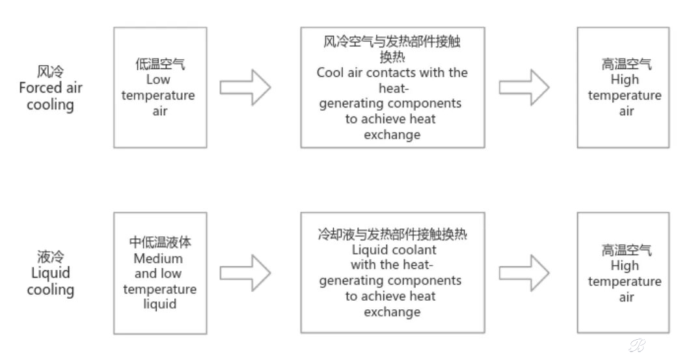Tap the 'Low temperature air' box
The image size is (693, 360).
click(160, 88)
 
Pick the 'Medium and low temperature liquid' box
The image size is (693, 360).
click(160, 273)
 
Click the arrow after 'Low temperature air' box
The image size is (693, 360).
click(245, 87)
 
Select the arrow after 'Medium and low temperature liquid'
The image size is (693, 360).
click(245, 273)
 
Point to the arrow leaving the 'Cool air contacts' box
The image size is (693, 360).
click(524, 87)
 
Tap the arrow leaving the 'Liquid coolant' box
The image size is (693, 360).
click(524, 273)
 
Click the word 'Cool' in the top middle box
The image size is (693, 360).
click(329, 72)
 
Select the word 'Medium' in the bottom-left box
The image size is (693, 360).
click(157, 258)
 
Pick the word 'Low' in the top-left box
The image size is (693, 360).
click(157, 79)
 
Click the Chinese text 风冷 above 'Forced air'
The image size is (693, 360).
click(50, 72)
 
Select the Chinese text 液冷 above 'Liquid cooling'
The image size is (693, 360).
click(50, 256)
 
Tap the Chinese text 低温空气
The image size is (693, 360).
click(160, 64)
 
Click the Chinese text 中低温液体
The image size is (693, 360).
click(160, 242)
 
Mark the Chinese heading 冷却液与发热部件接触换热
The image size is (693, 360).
click(392, 234)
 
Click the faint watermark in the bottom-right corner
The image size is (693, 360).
click(637, 346)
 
